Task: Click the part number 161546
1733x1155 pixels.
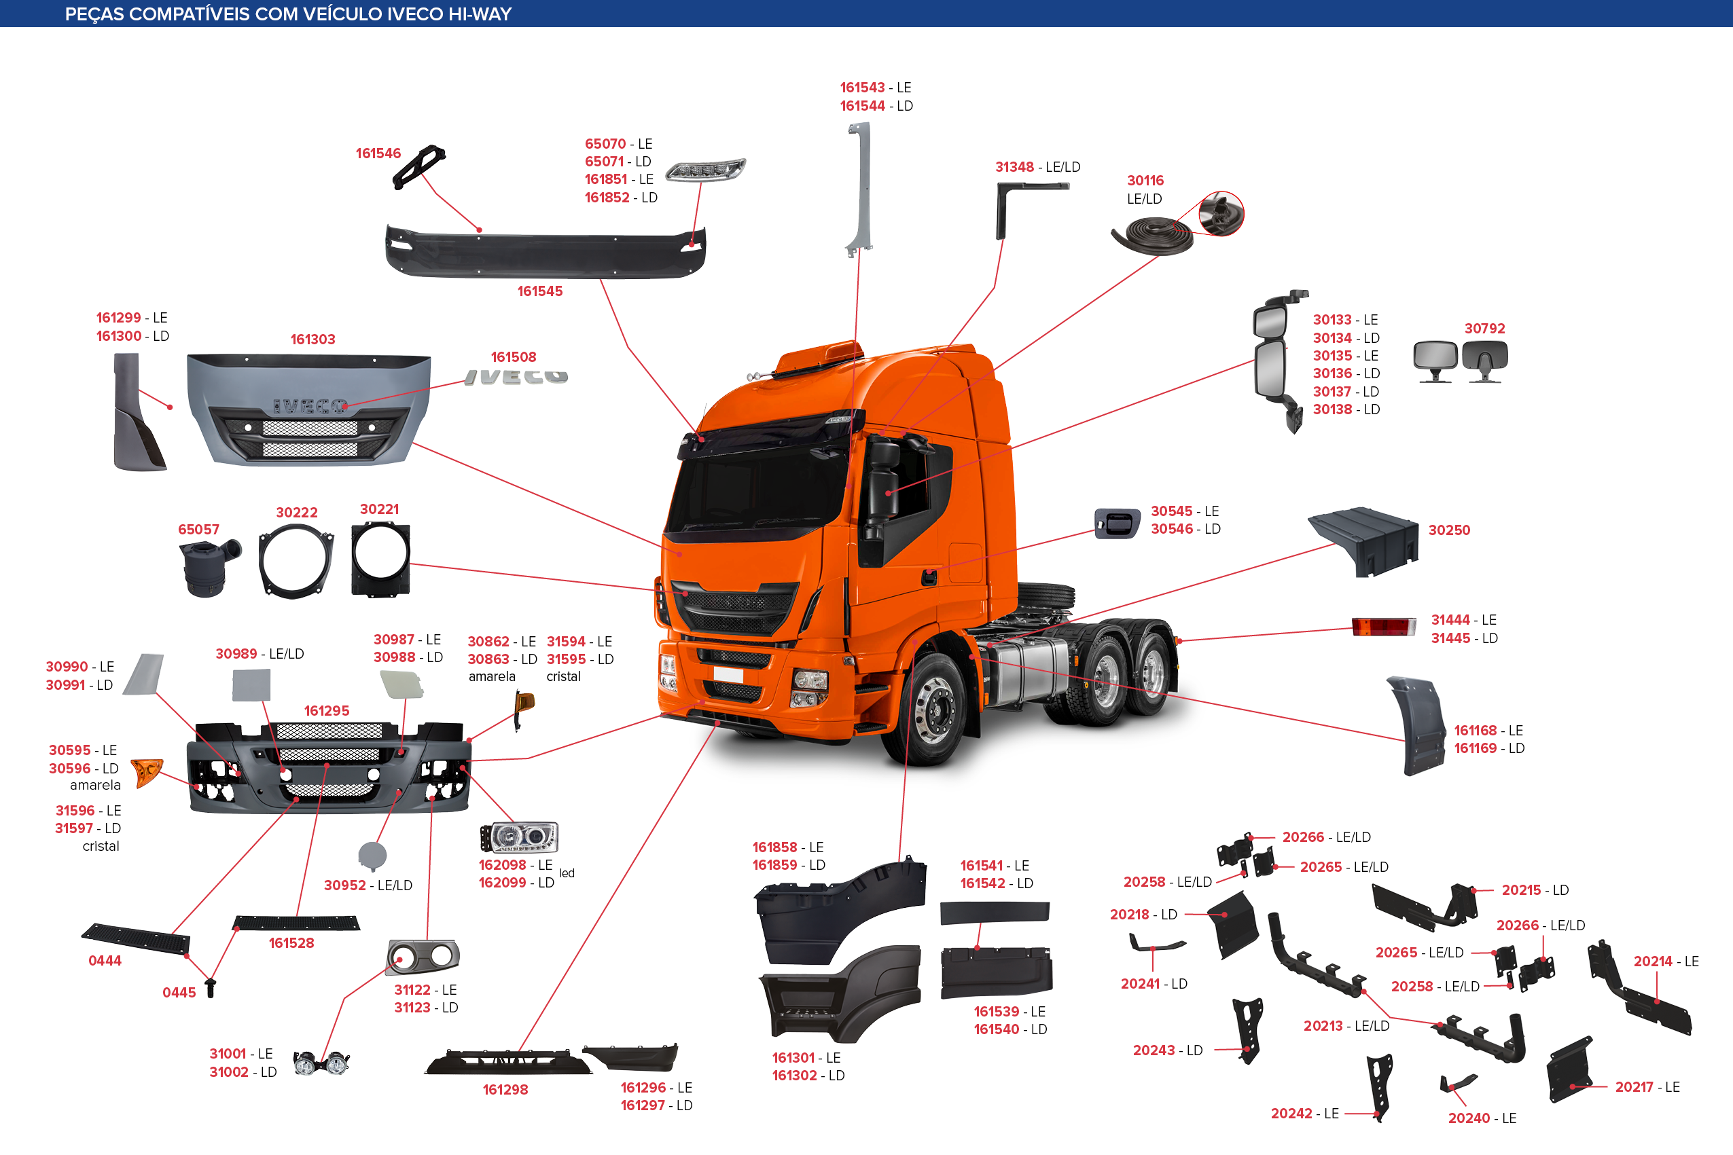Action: click(x=378, y=153)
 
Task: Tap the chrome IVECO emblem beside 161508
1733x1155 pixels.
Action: click(x=516, y=377)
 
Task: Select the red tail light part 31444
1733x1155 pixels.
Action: click(x=1383, y=626)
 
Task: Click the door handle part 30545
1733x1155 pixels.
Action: click(x=1117, y=524)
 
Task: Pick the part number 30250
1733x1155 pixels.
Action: click(x=1448, y=530)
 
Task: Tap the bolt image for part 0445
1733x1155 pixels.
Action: click(x=211, y=987)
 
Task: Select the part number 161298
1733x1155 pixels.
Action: click(x=505, y=1089)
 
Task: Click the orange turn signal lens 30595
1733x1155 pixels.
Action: click(x=147, y=772)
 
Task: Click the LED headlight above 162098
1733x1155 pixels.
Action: click(x=520, y=837)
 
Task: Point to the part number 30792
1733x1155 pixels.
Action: click(x=1484, y=329)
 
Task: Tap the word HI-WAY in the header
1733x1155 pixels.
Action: click(x=480, y=14)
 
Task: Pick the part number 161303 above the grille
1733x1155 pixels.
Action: click(x=312, y=340)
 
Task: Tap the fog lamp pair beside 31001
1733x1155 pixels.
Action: click(x=321, y=1063)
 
